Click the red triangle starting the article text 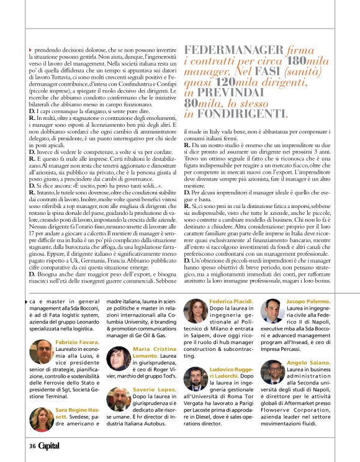click(30, 49)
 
